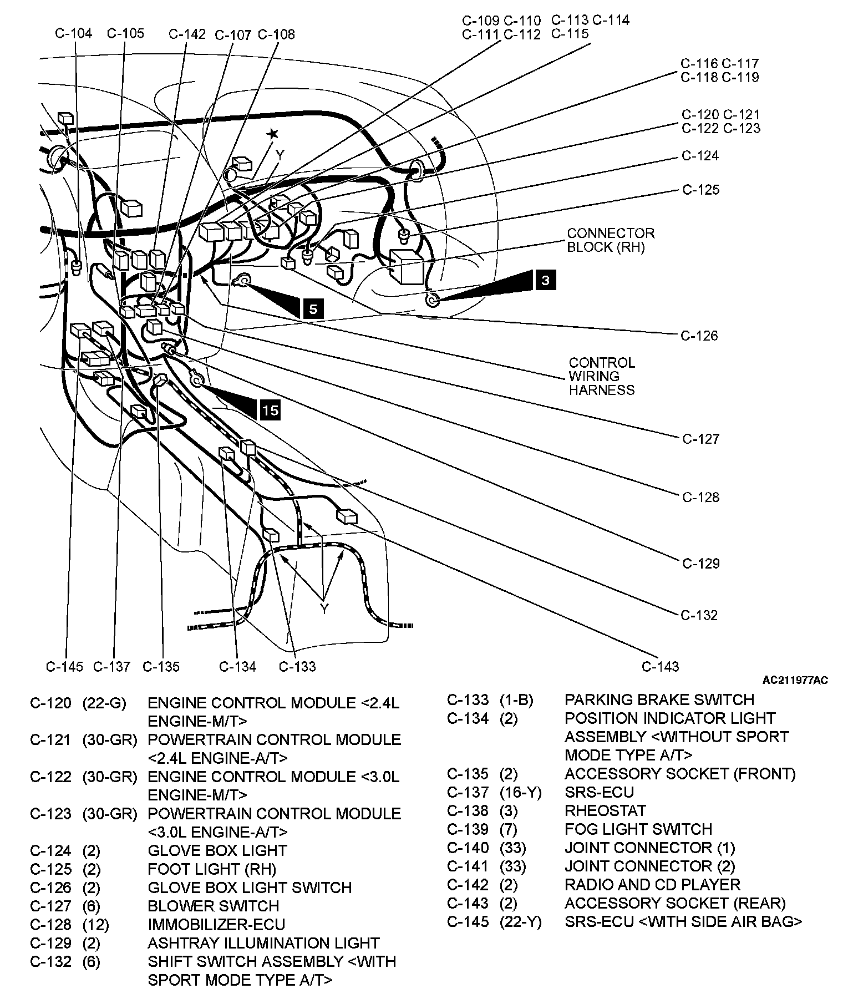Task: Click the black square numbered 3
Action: [x=545, y=280]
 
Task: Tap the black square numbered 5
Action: [x=313, y=308]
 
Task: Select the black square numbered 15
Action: [x=270, y=410]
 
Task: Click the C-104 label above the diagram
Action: [x=74, y=33]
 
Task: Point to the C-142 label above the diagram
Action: [x=187, y=34]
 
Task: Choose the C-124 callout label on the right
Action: [x=700, y=156]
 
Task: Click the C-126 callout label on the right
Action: [x=699, y=336]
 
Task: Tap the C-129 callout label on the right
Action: [x=701, y=564]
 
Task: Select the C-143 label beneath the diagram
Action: [x=660, y=666]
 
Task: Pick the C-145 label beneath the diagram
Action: [x=64, y=666]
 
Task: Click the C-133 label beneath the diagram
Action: [x=297, y=666]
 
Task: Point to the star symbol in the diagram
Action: [x=272, y=134]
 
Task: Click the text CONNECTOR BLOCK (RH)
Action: [x=611, y=240]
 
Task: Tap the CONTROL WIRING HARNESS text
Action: [x=602, y=377]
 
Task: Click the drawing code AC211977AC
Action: [x=795, y=681]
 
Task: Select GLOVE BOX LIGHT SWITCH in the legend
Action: [x=250, y=888]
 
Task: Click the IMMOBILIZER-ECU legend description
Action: [x=216, y=924]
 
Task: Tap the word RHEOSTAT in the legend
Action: [x=605, y=810]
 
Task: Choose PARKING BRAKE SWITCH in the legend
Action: [x=659, y=699]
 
